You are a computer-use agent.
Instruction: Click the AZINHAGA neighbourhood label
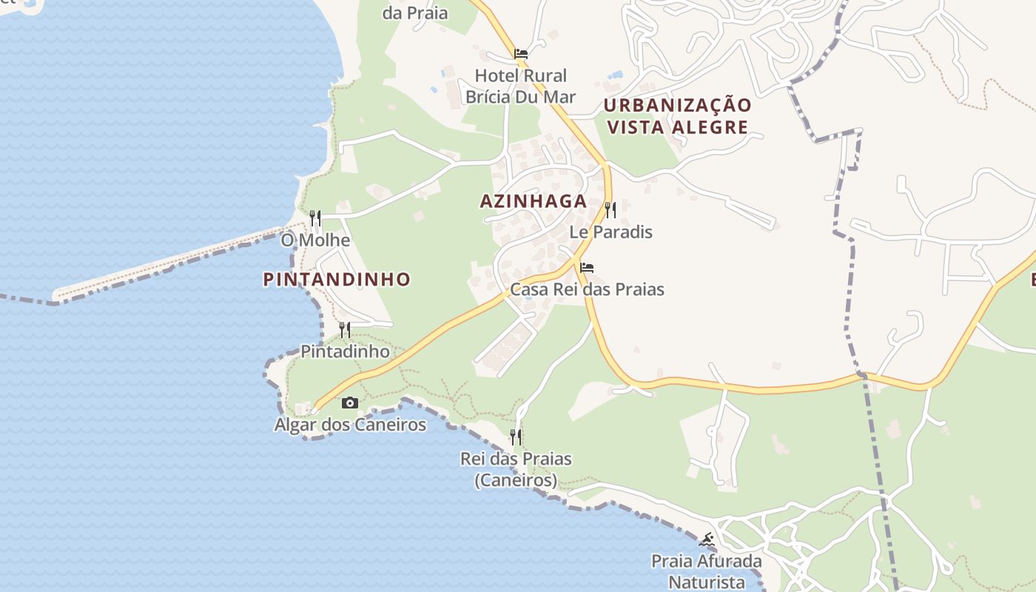(533, 201)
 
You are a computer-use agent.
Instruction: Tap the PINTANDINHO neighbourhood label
(337, 279)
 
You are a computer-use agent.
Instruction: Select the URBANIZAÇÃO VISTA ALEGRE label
(677, 115)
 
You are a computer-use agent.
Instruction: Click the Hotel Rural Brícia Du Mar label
(520, 86)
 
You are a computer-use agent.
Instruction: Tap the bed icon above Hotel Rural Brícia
(521, 54)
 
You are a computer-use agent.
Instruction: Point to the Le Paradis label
(610, 232)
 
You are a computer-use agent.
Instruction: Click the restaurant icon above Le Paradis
(610, 210)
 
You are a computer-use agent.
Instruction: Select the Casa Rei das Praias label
(587, 289)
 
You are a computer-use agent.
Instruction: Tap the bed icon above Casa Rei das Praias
(587, 267)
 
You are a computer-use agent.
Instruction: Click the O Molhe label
(315, 240)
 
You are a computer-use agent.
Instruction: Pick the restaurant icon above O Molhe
(315, 218)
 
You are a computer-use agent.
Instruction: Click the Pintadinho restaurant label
(345, 351)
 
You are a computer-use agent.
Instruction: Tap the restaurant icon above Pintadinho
(345, 329)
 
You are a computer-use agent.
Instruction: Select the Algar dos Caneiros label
(350, 425)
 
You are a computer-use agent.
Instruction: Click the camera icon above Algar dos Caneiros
(350, 403)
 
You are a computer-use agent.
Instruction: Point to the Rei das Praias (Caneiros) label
(516, 469)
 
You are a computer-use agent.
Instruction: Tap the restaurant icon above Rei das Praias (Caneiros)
(516, 437)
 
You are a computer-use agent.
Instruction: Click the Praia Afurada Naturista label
(707, 571)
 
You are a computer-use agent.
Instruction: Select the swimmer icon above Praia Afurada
(707, 539)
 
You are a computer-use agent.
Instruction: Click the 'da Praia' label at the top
(415, 13)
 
